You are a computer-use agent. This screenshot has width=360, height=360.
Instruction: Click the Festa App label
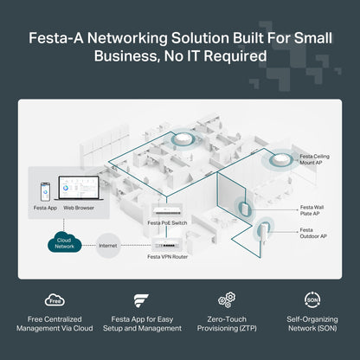tap(45, 207)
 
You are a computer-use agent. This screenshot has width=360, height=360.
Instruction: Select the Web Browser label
tap(77, 207)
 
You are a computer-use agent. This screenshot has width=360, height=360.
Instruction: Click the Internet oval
tap(108, 245)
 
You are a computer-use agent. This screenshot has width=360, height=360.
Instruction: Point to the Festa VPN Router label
tap(167, 256)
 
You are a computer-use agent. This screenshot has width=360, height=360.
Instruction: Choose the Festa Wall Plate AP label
tap(313, 210)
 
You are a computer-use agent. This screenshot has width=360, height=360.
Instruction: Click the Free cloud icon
tap(55, 300)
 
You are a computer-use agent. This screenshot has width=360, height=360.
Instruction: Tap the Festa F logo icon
tap(141, 300)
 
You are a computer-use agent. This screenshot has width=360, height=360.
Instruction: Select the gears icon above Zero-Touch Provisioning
tap(227, 299)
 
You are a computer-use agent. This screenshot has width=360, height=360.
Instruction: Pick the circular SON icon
tap(312, 299)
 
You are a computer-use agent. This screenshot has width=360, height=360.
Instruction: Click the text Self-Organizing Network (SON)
tap(312, 324)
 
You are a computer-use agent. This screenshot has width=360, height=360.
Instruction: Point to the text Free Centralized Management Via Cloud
tap(55, 324)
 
